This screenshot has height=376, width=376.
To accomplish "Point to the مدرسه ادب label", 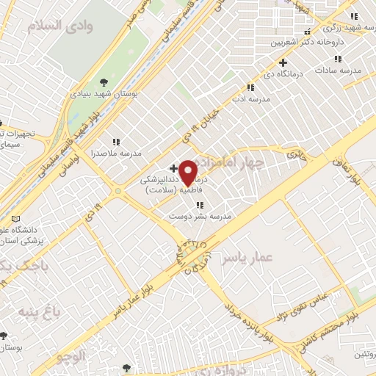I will pyautogui.click(x=252, y=98).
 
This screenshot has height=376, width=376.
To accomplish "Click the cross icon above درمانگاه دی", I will pyautogui.click(x=283, y=63).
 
